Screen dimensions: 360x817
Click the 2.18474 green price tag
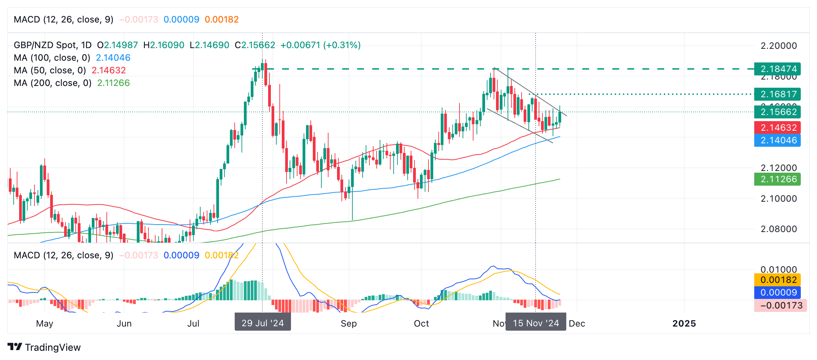pos(777,69)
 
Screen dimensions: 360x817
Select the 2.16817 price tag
pos(777,94)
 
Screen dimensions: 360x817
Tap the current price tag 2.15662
pos(777,112)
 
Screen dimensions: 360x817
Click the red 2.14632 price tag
pos(777,128)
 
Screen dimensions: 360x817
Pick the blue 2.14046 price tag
pos(777,140)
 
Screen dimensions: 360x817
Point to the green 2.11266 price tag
pos(777,179)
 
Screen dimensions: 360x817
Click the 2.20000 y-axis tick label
pos(778,46)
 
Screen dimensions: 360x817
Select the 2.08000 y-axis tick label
pos(778,229)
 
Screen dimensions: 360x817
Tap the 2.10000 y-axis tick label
pos(778,199)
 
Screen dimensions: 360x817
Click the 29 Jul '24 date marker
pos(263,323)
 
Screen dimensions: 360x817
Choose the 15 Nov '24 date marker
pos(536,323)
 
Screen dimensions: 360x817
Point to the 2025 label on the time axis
pos(684,323)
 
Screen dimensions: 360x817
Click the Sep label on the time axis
pos(349,323)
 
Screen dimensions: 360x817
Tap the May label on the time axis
pos(45,323)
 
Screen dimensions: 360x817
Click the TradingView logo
pos(44,347)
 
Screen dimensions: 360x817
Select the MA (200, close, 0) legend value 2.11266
pos(114,83)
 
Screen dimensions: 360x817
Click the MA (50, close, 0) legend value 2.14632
pos(109,70)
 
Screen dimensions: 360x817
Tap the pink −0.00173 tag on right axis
pos(780,305)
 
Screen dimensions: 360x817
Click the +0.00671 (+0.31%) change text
pos(320,45)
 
